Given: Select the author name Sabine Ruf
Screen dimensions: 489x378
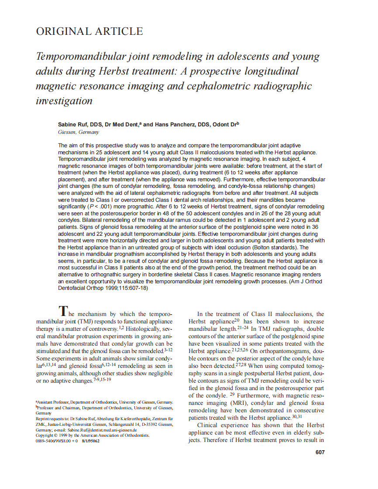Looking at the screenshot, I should [x=73, y=125].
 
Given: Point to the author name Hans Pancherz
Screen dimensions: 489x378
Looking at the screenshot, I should [x=170, y=125].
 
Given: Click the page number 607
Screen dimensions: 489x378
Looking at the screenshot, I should [x=320, y=452].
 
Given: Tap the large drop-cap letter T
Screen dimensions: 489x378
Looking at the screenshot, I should [x=63, y=311].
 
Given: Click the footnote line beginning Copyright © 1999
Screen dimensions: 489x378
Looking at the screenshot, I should [x=93, y=435].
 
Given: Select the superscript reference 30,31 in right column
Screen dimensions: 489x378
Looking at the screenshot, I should [x=297, y=416].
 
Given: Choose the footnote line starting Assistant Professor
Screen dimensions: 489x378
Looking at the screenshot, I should [x=105, y=401].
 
